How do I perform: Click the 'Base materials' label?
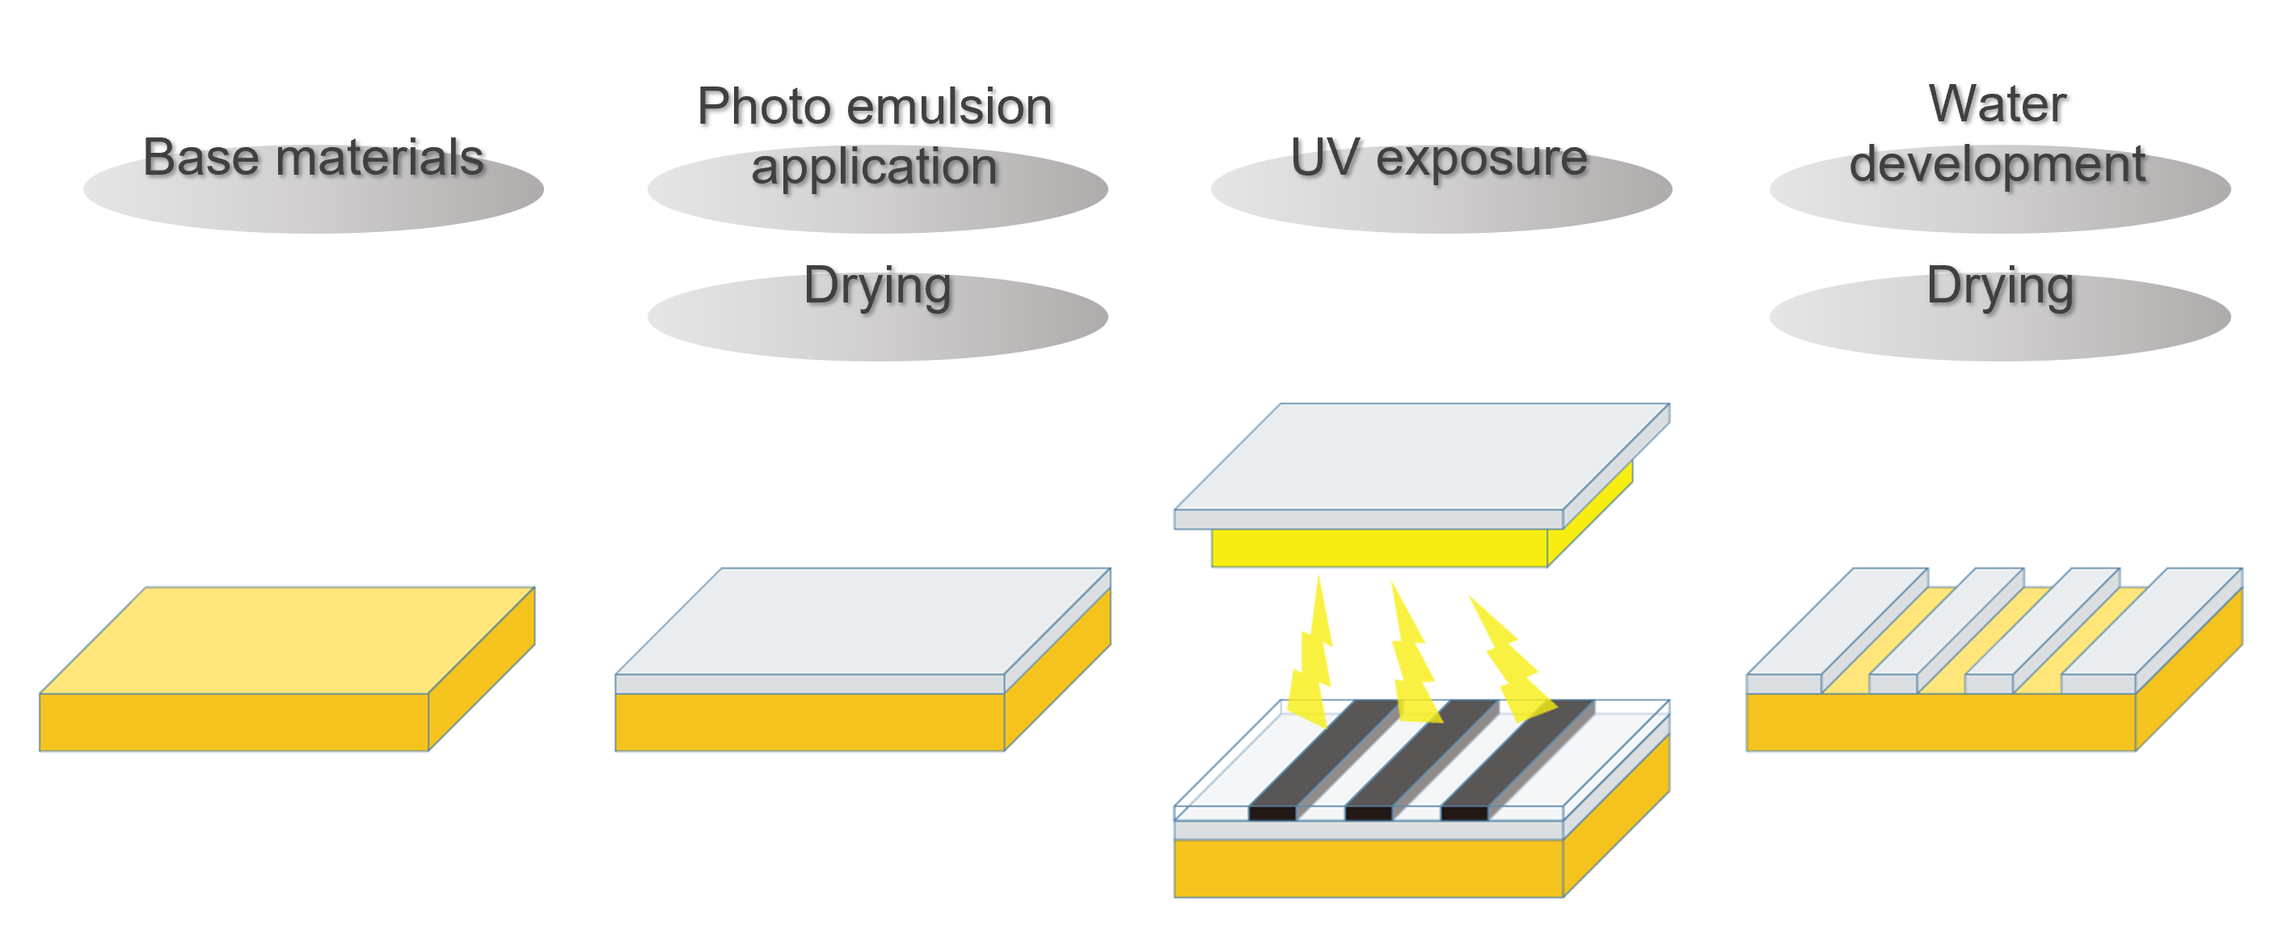314,158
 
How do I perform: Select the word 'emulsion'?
949,108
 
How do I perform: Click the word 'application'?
875,167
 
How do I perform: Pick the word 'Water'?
1998,105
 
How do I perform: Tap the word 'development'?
1998,165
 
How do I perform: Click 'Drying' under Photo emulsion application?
877,286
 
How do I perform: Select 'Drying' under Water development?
1999,286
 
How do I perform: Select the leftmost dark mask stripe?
1314,759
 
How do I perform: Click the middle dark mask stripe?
1411,759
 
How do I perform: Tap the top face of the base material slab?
286,639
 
